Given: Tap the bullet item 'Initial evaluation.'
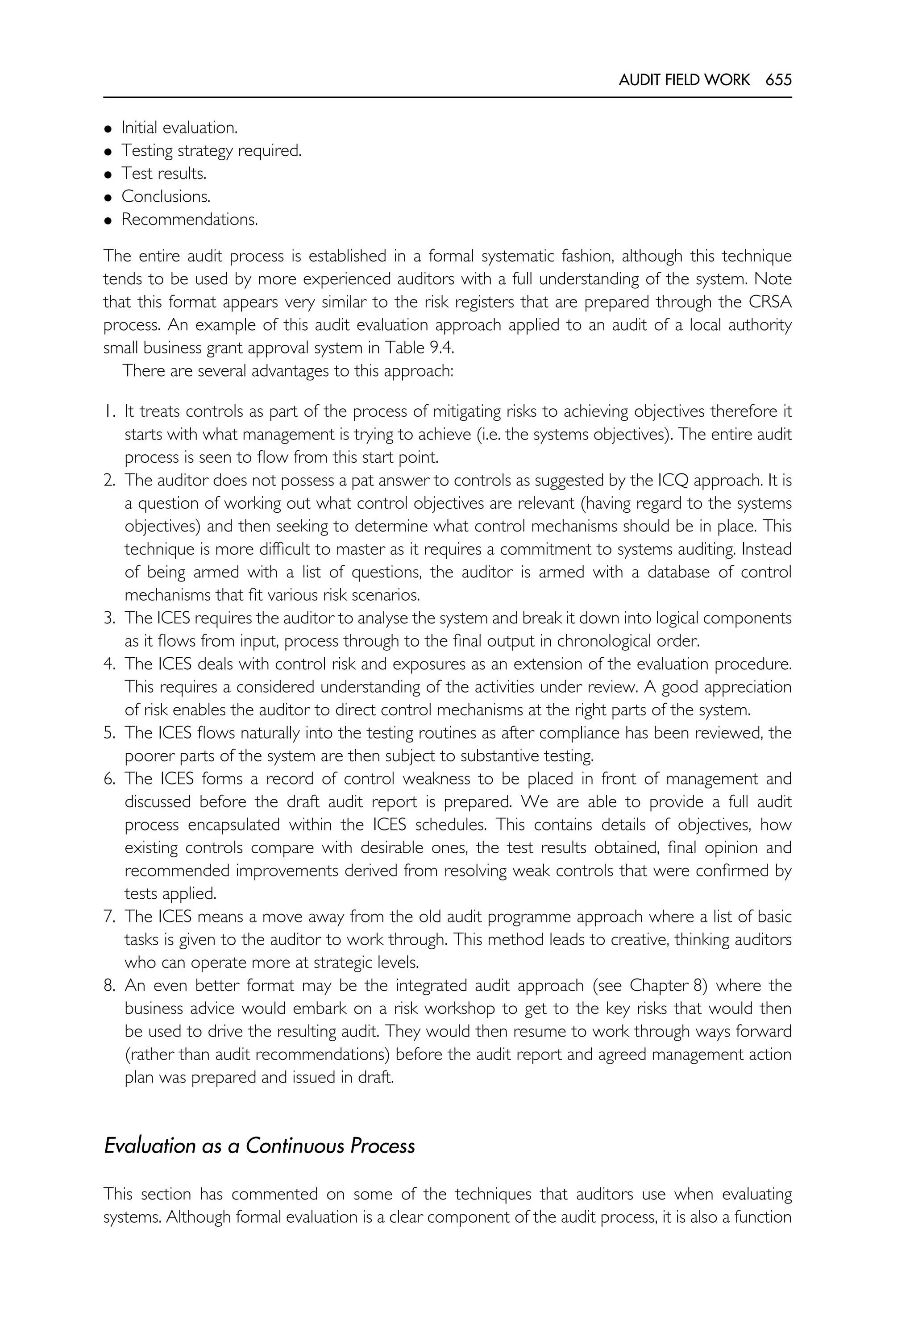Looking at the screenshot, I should (x=179, y=128).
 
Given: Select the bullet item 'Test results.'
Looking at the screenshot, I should (x=164, y=174).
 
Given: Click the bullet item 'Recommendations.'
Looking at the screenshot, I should (x=190, y=220).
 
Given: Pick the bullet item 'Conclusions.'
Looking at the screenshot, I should (x=166, y=196).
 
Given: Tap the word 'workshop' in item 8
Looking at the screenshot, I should (x=460, y=1008).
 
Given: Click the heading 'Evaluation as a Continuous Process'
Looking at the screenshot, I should (x=259, y=1145).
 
